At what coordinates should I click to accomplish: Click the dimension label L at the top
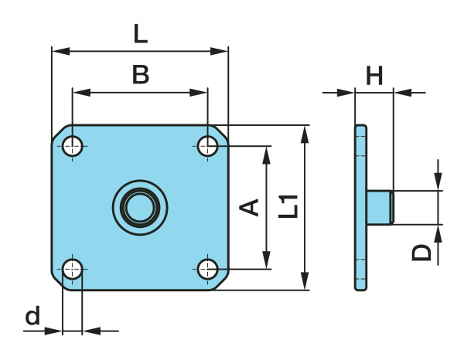click(139, 33)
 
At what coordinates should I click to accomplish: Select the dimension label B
click(140, 75)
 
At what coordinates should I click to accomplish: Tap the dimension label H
click(374, 76)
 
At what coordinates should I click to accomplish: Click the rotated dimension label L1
click(289, 207)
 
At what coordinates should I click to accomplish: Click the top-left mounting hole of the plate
click(73, 145)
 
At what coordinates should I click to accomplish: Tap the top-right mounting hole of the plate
click(207, 145)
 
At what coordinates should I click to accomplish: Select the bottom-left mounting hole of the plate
click(73, 270)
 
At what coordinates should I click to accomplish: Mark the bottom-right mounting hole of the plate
click(207, 270)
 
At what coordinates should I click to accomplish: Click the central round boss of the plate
click(140, 207)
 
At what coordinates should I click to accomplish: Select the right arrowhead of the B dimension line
click(202, 93)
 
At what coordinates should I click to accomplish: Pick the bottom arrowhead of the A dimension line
click(268, 263)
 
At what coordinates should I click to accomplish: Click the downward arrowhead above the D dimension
click(438, 184)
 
